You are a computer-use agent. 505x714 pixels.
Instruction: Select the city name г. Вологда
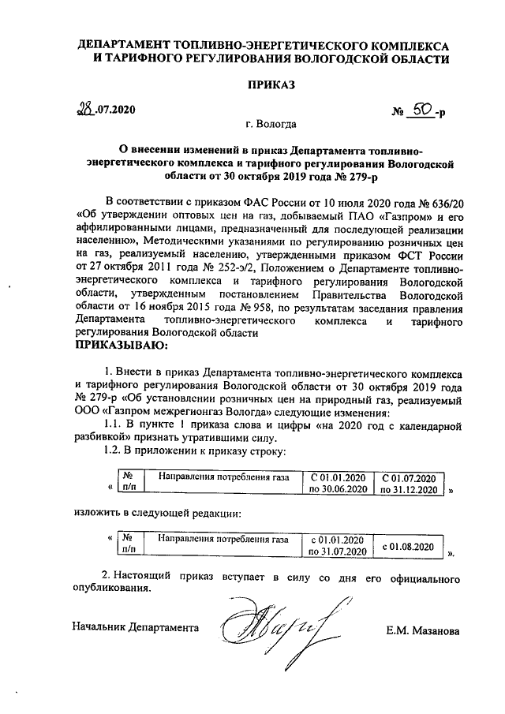(x=271, y=124)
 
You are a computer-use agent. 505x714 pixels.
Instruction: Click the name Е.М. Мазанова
(x=423, y=630)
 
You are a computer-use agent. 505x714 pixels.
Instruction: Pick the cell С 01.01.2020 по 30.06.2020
(x=338, y=484)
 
